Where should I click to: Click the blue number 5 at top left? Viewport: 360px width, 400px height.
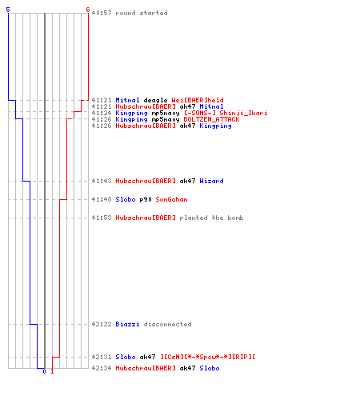coord(8,10)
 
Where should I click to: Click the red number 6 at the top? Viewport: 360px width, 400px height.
coord(88,10)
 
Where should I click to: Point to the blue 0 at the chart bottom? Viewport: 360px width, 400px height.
coord(44,371)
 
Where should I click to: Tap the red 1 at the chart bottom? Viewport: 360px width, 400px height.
coord(52,371)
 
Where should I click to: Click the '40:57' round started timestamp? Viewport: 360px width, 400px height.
coord(102,13)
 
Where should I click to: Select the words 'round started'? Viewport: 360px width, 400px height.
coord(142,13)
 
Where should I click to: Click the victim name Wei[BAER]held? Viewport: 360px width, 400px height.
coord(198,100)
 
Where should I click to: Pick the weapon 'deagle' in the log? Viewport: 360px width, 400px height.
coord(155,100)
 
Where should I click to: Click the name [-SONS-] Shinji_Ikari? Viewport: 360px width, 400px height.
coord(226,113)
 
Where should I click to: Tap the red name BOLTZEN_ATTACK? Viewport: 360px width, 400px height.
coord(211,119)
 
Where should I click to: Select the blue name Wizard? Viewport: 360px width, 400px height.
coord(211,181)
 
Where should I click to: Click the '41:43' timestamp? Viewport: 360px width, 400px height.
coord(102,181)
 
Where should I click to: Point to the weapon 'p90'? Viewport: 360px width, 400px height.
coord(146,199)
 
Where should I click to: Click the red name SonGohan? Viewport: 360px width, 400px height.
coord(171,199)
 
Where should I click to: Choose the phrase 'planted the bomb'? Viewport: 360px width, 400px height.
coord(211,218)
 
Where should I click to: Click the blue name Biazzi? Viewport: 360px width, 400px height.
coord(127,324)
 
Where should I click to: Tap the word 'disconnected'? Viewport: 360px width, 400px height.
coord(167,324)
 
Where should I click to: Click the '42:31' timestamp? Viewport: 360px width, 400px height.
coord(102,357)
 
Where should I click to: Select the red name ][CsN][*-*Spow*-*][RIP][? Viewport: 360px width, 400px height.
coord(208,357)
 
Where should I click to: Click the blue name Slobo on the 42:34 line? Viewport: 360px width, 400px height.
coord(210,368)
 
